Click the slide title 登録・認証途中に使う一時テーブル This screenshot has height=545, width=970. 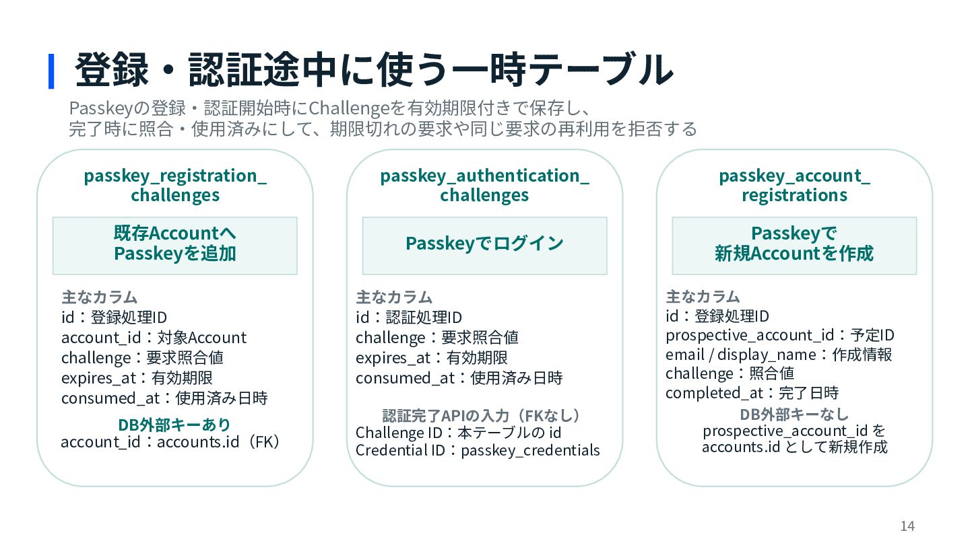pyautogui.click(x=374, y=70)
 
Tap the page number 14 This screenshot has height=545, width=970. pyautogui.click(x=907, y=526)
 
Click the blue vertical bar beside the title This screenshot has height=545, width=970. pyautogui.click(x=51, y=71)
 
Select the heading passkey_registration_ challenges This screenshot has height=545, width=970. pyautogui.click(x=175, y=186)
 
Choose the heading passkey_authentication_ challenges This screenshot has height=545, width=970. pyautogui.click(x=484, y=186)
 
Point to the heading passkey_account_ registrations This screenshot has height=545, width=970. pyautogui.click(x=794, y=186)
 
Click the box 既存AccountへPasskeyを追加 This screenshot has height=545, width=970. pyautogui.click(x=175, y=246)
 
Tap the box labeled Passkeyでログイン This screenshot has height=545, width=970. pyautogui.click(x=484, y=246)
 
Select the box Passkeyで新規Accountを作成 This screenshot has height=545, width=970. pyautogui.click(x=794, y=246)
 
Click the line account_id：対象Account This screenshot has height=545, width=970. pyautogui.click(x=154, y=338)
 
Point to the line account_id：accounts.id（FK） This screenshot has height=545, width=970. pyautogui.click(x=170, y=442)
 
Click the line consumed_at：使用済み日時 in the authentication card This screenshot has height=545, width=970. pyautogui.click(x=459, y=378)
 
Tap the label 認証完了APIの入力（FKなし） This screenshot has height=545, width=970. pyautogui.click(x=481, y=416)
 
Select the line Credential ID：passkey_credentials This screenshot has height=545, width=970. pyautogui.click(x=478, y=451)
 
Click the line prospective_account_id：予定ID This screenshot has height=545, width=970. pyautogui.click(x=780, y=335)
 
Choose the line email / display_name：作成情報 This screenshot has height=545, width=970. pyautogui.click(x=779, y=355)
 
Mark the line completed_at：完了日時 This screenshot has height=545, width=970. pyautogui.click(x=752, y=393)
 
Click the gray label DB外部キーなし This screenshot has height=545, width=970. pyautogui.click(x=794, y=414)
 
